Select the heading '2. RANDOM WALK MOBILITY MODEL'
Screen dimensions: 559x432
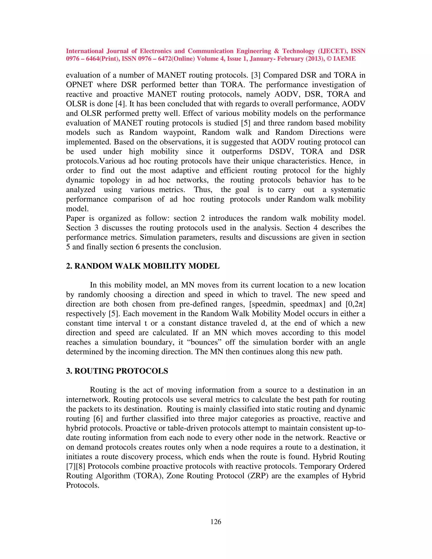[143, 266]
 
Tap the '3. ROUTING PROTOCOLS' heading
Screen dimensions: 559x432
[117, 371]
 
